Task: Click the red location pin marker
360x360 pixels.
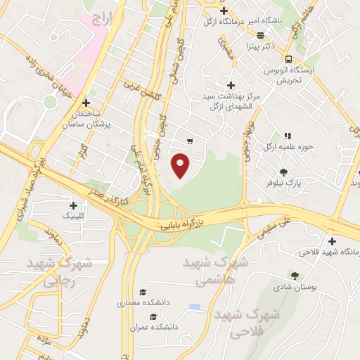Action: click(181, 166)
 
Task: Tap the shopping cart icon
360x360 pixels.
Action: click(189, 141)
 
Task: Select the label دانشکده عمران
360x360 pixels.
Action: click(153, 328)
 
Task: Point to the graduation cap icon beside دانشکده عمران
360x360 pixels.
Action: click(153, 316)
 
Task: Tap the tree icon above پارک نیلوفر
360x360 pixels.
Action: click(283, 172)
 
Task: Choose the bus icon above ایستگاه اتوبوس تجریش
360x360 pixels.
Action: click(288, 59)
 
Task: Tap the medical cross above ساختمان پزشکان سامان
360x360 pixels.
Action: click(86, 102)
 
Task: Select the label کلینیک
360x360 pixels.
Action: click(77, 216)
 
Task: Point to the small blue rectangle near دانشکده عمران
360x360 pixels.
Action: click(194, 307)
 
